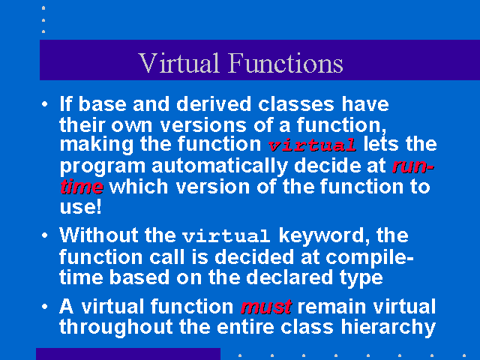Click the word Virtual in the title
pyautogui.click(x=179, y=63)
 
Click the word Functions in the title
pyautogui.click(x=286, y=63)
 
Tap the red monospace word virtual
pyautogui.click(x=312, y=145)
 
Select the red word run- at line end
pyautogui.click(x=413, y=166)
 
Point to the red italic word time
pyautogui.click(x=82, y=187)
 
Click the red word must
pyautogui.click(x=266, y=307)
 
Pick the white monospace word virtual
pyautogui.click(x=226, y=236)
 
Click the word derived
pyautogui.click(x=214, y=104)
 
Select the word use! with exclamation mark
pyautogui.click(x=80, y=207)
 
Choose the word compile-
pyautogui.click(x=370, y=258)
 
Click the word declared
pyautogui.click(x=289, y=277)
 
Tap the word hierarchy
pyautogui.click(x=388, y=328)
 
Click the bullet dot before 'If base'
pyautogui.click(x=45, y=104)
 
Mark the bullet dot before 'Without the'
pyautogui.click(x=45, y=235)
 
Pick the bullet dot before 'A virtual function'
pyautogui.click(x=45, y=307)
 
